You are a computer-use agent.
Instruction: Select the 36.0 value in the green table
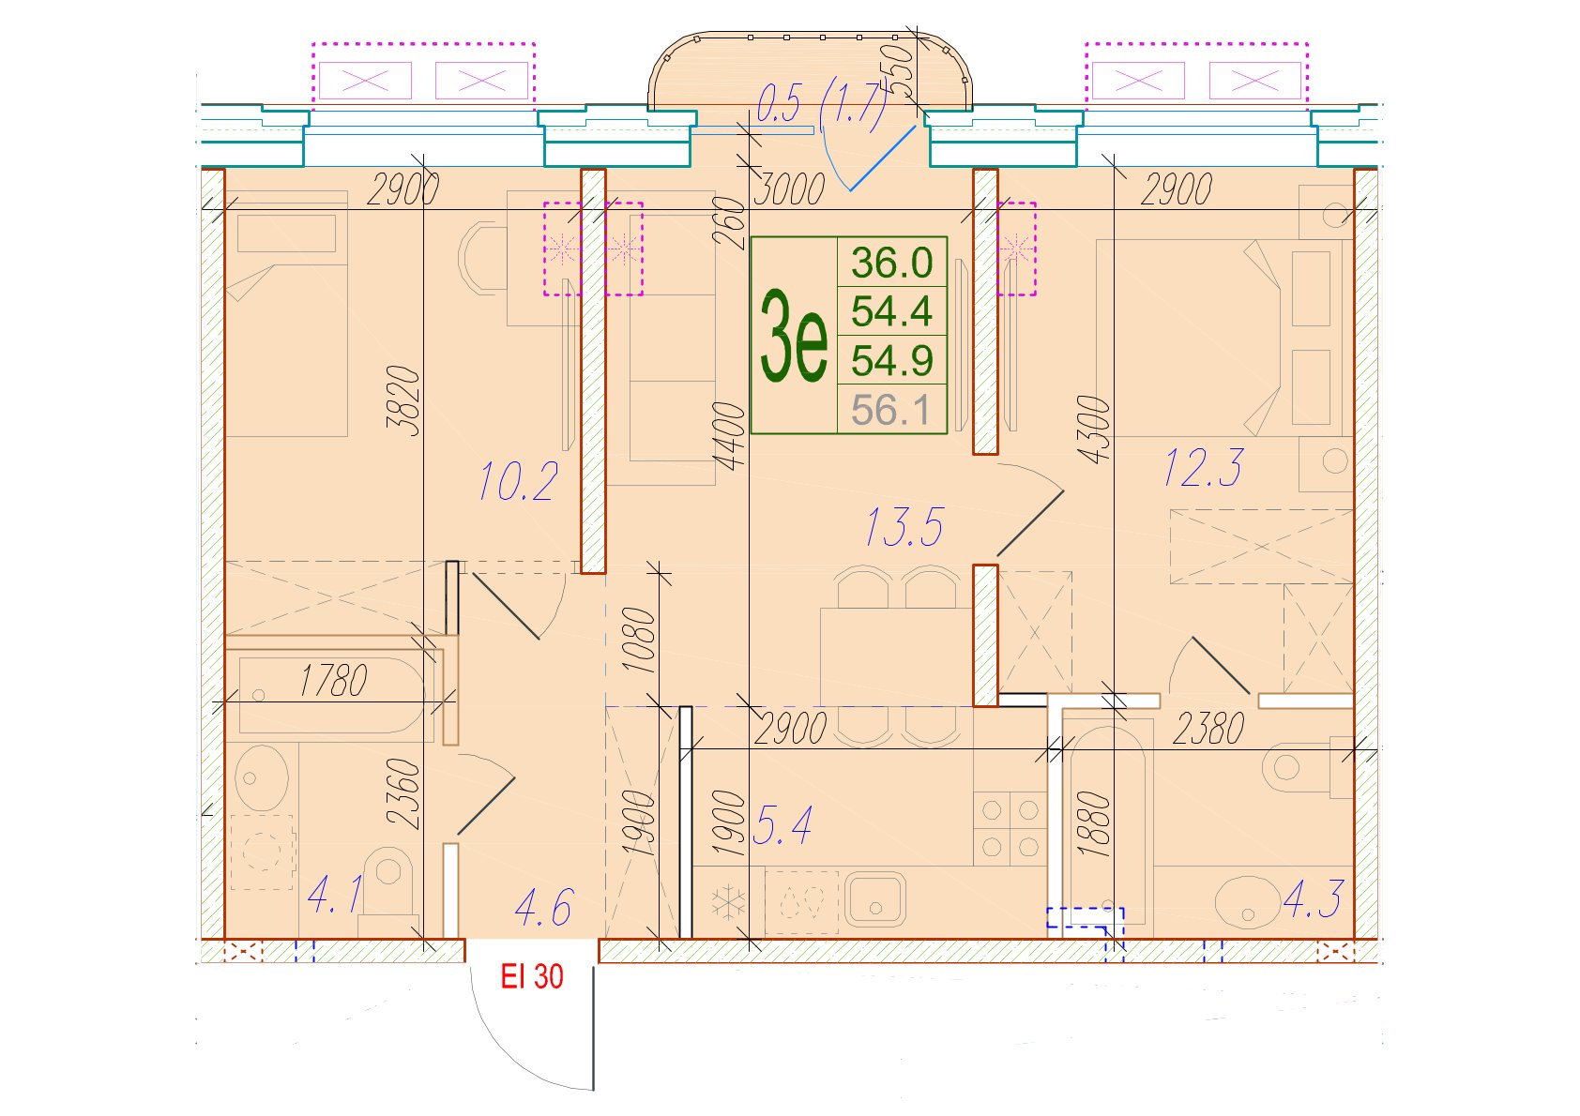pos(891,263)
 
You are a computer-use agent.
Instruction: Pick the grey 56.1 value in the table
pos(891,410)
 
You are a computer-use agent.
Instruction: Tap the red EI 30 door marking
pos(532,976)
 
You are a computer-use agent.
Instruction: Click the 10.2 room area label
pos(519,482)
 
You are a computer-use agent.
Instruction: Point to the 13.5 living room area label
pos(904,527)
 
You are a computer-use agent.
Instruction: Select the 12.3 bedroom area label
pos(1203,467)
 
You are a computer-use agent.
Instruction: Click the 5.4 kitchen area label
pos(782,825)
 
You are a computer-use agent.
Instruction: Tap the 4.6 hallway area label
pos(544,907)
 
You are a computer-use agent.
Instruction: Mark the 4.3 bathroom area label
pos(1313,898)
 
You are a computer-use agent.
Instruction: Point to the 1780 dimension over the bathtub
pos(333,680)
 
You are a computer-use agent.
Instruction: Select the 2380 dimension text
pos(1208,729)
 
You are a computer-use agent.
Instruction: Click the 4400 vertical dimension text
pos(729,436)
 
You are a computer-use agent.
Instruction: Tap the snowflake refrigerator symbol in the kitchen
pos(727,903)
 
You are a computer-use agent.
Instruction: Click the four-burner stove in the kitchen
pos(1010,828)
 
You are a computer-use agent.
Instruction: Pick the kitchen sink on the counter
pos(875,898)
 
